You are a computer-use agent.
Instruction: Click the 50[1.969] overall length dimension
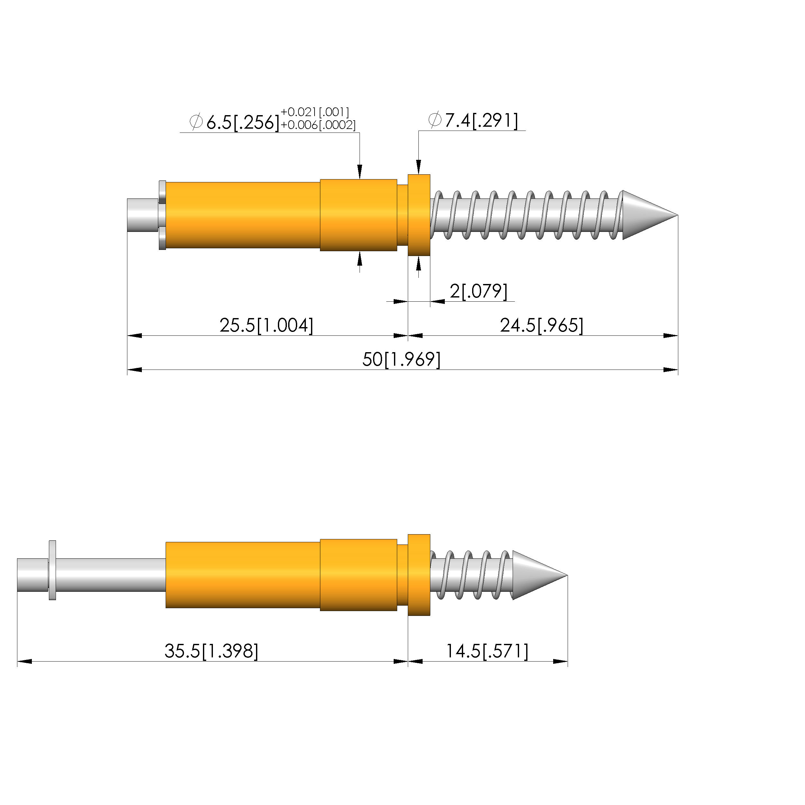point(401,359)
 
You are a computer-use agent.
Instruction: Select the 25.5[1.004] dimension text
point(266,325)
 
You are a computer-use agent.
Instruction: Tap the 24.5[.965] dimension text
point(542,325)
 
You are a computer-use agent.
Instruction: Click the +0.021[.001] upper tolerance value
point(315,112)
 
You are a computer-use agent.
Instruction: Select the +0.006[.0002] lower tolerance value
point(318,125)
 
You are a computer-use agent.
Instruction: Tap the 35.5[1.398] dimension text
point(211,651)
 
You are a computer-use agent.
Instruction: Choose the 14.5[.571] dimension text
point(487,651)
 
